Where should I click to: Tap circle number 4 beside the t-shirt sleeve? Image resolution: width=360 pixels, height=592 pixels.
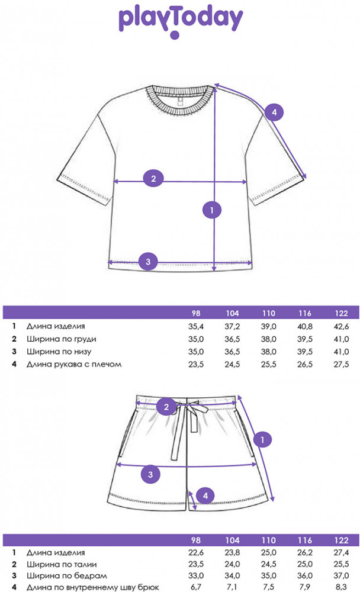[x=274, y=112]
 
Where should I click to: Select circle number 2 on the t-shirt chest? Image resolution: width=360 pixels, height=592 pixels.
[x=153, y=178]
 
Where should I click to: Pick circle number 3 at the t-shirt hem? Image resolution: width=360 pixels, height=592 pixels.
[x=149, y=261]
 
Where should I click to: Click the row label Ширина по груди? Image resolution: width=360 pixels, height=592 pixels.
[x=61, y=339]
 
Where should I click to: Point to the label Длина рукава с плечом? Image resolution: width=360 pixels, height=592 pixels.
[x=74, y=364]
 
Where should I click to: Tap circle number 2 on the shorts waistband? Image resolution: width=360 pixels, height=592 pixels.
[x=166, y=406]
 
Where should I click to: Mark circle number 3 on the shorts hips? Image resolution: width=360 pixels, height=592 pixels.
[x=151, y=474]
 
